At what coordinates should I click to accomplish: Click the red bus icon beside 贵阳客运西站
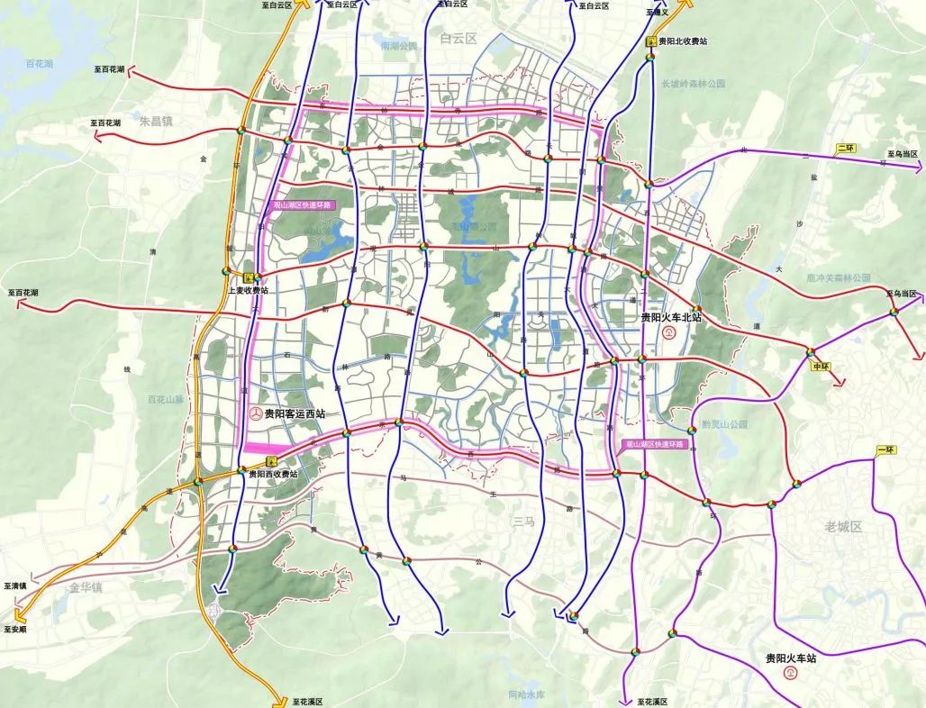257,413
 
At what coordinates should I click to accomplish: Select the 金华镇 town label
86,587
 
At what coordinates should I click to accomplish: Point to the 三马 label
522,520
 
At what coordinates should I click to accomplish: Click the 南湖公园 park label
399,45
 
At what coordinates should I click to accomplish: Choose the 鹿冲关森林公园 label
839,278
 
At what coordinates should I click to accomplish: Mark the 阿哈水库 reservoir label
527,694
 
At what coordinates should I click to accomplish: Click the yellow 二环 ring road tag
846,148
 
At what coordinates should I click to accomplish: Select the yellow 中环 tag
820,368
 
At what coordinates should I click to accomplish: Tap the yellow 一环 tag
885,449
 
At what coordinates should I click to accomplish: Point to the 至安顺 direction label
15,630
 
